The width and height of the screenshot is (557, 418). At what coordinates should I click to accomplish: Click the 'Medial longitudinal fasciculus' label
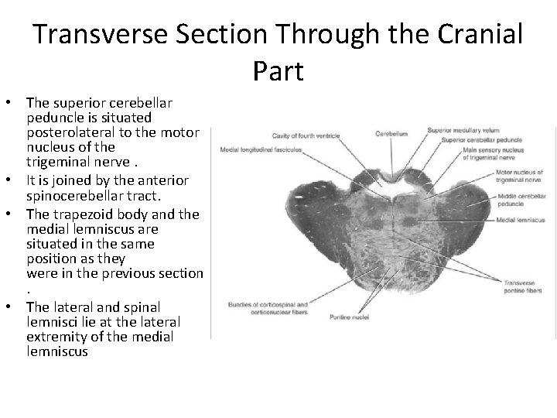(260, 149)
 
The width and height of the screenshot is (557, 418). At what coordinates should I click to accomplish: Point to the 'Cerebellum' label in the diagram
(391, 133)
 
